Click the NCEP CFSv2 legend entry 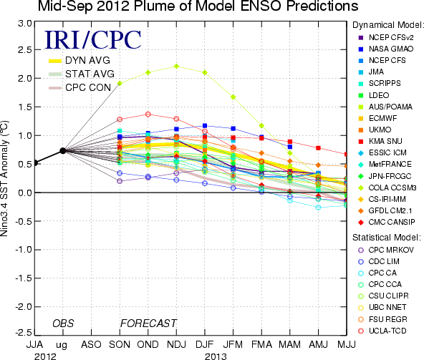pos(386,37)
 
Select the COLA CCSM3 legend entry pos(387,188)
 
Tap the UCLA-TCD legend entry pos(382,331)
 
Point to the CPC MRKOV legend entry pos(386,250)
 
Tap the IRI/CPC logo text pos(93,39)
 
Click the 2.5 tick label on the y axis pos(25,50)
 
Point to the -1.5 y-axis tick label pos(24,278)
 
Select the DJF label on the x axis pos(205,344)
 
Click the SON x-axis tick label pos(120,344)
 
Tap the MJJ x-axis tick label pos(347,344)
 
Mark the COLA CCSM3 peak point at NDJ pos(176,67)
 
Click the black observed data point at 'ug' pos(63,150)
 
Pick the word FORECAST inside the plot pos(148,323)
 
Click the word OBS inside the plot pos(63,323)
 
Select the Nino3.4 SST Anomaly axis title pos(4,178)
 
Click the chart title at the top pos(198,6)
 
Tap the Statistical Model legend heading pos(387,238)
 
